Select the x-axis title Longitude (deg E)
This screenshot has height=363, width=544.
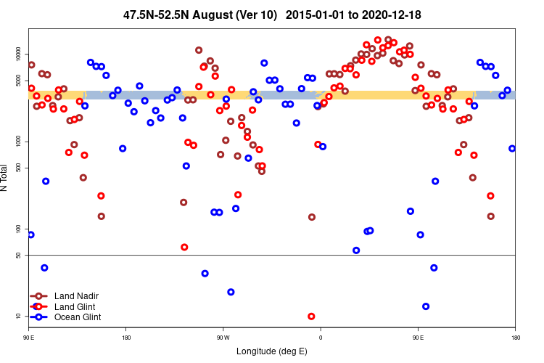pos(272,351)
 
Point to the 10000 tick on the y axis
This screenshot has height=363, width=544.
pos(17,54)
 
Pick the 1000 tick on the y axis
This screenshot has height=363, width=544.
pos(17,142)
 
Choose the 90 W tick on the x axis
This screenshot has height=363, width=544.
pos(223,338)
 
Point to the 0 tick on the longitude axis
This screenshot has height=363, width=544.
pos(321,338)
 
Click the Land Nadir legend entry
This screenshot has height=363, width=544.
pos(76,296)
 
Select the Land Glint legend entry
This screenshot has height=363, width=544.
pos(75,306)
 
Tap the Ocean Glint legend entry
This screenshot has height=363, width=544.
pos(78,317)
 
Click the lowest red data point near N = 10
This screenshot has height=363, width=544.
pos(311,317)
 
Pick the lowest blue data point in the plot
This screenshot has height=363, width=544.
pos(426,306)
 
